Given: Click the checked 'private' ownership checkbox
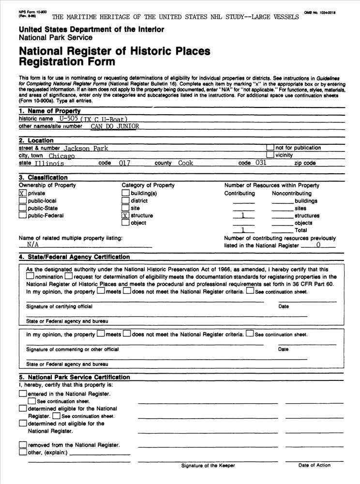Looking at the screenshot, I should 22,193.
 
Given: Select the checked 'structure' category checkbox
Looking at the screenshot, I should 125,215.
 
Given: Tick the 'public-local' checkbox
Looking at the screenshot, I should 22,200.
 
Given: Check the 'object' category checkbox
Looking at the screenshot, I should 125,223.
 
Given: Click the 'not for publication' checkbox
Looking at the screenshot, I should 270,148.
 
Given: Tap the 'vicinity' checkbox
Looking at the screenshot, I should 270,155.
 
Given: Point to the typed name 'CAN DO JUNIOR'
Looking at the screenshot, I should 115,126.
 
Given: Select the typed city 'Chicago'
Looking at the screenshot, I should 61,156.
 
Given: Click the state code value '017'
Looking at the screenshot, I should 124,163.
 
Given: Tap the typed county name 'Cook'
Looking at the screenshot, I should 185,163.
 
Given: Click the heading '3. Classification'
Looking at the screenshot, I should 43,178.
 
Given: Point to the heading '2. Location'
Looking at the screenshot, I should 36,140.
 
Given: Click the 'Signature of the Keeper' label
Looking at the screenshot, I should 208,466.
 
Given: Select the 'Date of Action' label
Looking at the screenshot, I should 314,465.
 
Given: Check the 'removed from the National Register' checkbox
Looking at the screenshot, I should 23,445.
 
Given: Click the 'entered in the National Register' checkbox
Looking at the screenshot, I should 23,394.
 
